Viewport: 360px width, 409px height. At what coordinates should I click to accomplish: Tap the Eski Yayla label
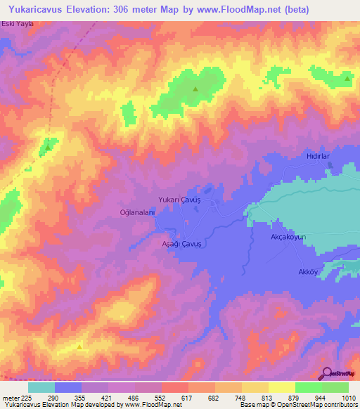[18, 25]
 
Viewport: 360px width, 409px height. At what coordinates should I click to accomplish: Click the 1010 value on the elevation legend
[348, 397]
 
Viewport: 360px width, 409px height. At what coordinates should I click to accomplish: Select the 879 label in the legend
[295, 397]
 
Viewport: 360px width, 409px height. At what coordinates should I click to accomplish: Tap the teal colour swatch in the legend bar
[41, 387]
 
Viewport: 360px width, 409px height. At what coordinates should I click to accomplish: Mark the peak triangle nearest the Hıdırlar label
[347, 79]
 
